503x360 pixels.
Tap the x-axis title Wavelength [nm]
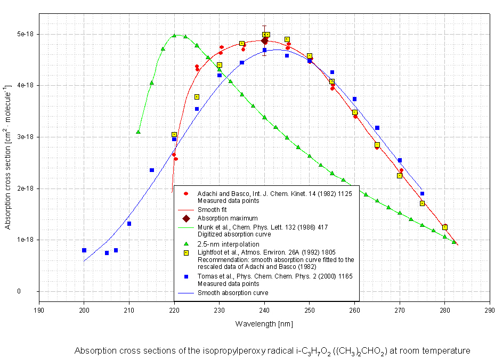[264, 324]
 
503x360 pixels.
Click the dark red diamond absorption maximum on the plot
[265, 41]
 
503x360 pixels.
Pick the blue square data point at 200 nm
[84, 250]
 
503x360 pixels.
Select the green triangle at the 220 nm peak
[174, 36]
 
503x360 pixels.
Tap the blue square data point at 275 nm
[422, 194]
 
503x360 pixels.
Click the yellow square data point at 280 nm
[445, 227]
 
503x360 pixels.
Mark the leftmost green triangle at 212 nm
[138, 132]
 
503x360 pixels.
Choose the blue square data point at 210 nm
[129, 224]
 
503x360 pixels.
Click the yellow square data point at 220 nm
[174, 135]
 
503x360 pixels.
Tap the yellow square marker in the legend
[186, 253]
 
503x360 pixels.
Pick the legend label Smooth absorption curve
[233, 293]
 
